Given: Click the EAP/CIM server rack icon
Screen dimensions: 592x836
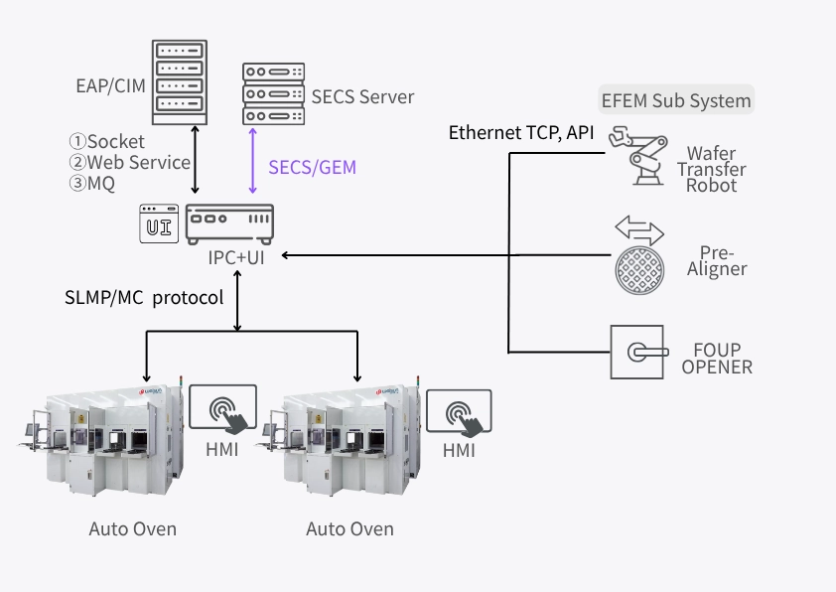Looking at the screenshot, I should (x=180, y=82).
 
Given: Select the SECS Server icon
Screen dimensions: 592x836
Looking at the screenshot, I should (x=272, y=93).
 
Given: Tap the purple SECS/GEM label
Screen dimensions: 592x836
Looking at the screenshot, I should (x=312, y=168).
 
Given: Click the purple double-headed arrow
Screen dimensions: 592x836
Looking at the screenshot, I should (x=255, y=161).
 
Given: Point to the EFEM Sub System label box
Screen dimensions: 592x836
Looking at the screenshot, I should (x=677, y=100).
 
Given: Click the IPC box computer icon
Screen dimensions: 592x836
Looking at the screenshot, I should (x=229, y=222).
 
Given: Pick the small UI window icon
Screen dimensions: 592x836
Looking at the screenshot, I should (x=158, y=223).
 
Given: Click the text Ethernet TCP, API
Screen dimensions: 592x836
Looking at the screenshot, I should (x=520, y=133).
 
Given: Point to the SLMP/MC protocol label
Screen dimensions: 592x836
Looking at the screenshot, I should (x=144, y=297).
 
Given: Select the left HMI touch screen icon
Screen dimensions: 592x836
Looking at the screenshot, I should (x=223, y=409).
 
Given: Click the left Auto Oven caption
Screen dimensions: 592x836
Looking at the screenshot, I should (x=133, y=528).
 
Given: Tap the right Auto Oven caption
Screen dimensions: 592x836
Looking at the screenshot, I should (x=349, y=528).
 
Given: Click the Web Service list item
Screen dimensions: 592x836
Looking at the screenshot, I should (x=129, y=162).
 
